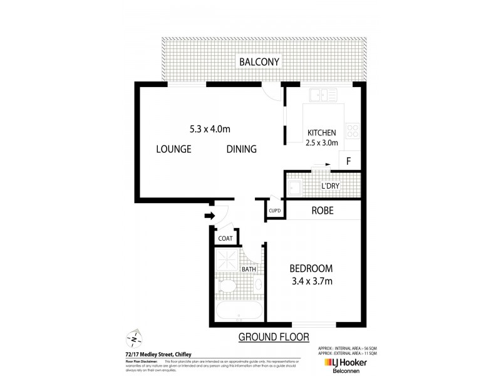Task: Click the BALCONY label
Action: point(259,61)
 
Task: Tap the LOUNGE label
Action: point(173,149)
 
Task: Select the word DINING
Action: point(242,149)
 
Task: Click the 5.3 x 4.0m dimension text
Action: point(210,130)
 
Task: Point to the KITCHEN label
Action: point(322,133)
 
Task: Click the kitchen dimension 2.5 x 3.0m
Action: point(322,143)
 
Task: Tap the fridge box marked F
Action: point(349,161)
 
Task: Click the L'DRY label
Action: point(331,187)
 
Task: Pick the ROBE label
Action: point(323,211)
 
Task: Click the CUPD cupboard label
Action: point(274,211)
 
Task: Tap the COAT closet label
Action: point(225,238)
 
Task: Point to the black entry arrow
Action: point(209,216)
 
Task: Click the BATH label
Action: point(249,269)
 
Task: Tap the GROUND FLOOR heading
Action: point(274,337)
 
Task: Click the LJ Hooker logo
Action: point(347,363)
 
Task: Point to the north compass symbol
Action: point(135,338)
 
